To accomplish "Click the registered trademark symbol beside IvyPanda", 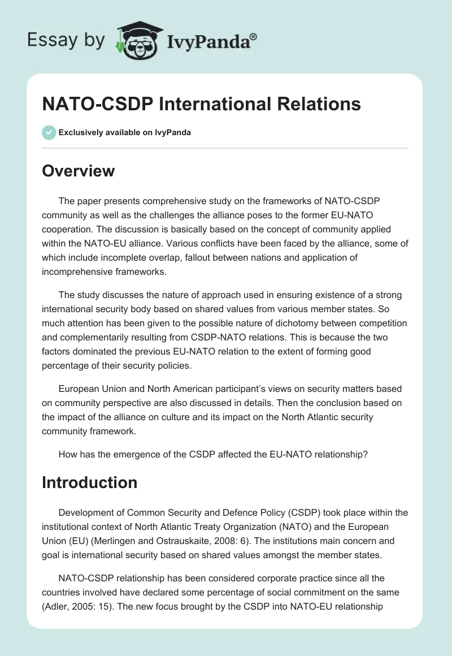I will (254, 37).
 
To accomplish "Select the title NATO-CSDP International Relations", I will (201, 104).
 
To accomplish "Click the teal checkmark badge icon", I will (49, 132).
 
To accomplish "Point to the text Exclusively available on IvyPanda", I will (125, 132).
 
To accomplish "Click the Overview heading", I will (79, 170).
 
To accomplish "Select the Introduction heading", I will (90, 482).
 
